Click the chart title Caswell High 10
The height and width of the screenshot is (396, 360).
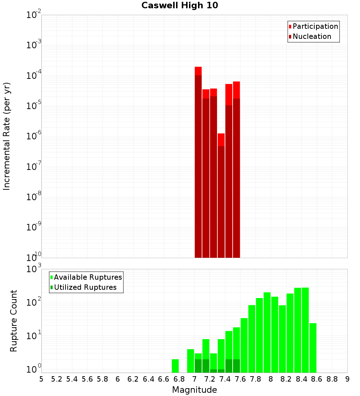(180, 5)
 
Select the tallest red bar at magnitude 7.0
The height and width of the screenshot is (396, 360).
(198, 162)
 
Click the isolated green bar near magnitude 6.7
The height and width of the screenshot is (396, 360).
(175, 366)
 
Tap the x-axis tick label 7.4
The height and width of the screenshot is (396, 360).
(225, 379)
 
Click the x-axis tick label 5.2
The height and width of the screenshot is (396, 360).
(57, 379)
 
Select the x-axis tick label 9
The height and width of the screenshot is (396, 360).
(347, 379)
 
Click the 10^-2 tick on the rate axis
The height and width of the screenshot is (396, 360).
(34, 15)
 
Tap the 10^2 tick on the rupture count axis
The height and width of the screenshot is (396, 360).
(34, 302)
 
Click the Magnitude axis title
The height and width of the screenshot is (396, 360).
(194, 390)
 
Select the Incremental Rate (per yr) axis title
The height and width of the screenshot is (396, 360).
(7, 136)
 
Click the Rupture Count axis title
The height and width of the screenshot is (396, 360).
(14, 321)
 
